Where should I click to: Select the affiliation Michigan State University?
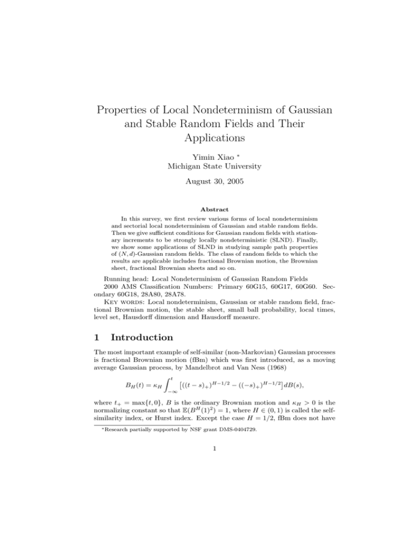tap(208, 162)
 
